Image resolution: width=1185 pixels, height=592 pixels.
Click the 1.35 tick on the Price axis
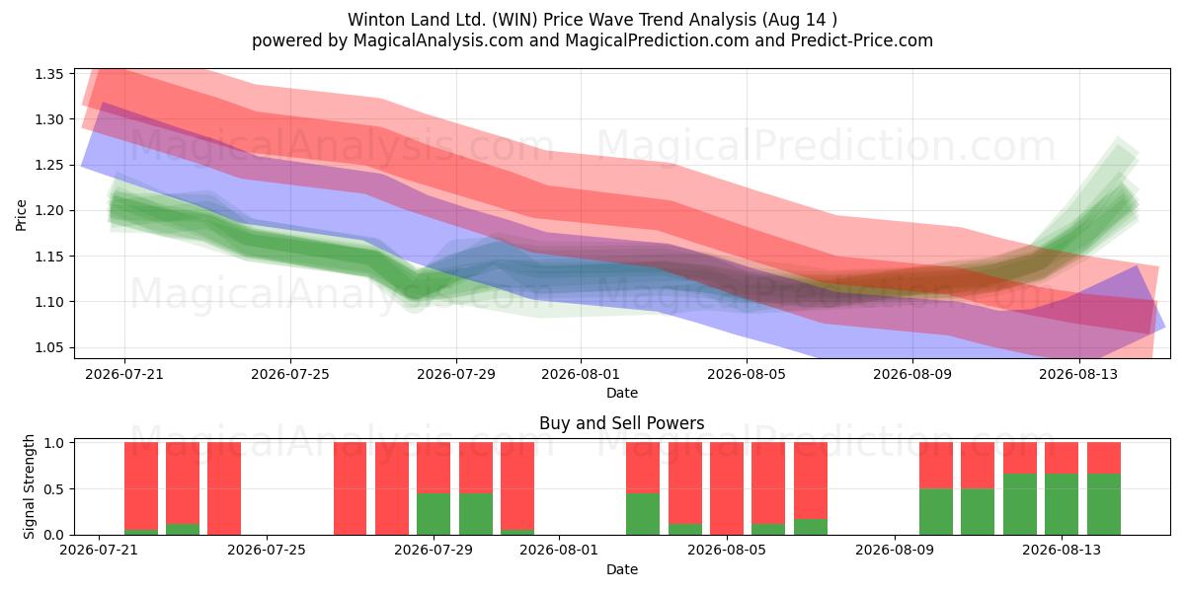coord(48,74)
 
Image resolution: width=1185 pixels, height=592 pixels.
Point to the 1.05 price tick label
coord(48,347)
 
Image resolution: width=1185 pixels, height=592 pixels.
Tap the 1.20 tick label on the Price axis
coord(48,211)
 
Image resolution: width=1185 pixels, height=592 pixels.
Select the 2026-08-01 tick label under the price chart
coord(581,374)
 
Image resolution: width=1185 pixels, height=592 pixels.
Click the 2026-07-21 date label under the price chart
coord(124,374)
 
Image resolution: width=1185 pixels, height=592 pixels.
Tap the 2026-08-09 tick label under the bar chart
coord(895,550)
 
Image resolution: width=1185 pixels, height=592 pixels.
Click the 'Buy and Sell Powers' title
coord(621,423)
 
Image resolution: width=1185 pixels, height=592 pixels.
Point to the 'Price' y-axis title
coord(21,215)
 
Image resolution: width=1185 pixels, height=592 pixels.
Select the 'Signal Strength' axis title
coord(29,486)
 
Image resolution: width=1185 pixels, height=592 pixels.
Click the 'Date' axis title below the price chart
coord(621,393)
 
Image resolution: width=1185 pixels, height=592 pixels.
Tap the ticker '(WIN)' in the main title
coord(514,20)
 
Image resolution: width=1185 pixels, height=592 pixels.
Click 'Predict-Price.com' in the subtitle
coord(862,40)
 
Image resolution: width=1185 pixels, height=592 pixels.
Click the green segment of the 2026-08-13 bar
coord(1062,504)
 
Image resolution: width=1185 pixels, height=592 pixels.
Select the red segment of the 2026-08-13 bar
coord(1062,458)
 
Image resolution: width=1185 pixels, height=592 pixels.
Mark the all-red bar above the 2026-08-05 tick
coord(727,488)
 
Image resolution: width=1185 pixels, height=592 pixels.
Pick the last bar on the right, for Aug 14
coord(1104,488)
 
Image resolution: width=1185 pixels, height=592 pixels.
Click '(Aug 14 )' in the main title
coord(799,20)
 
